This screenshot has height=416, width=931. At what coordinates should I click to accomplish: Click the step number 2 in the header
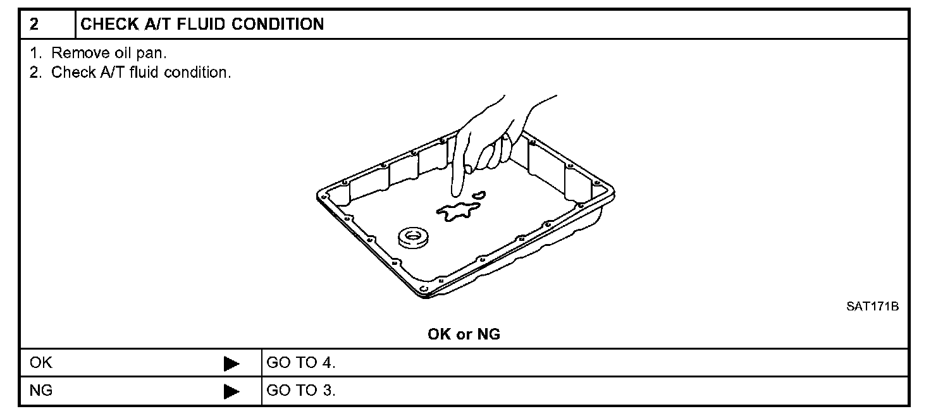coord(34,25)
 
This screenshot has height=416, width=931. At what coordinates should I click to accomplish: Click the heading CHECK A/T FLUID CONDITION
coord(202,25)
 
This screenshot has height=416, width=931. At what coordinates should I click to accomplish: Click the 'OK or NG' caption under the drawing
coord(464,334)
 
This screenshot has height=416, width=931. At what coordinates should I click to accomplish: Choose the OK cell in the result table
coord(42,364)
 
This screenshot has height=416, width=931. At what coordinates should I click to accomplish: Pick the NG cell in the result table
coord(42,390)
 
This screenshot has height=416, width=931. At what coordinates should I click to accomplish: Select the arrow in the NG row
coord(231,391)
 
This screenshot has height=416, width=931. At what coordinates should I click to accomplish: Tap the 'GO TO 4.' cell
coord(301,364)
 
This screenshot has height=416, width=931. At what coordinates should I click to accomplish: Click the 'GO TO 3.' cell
coord(301,390)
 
